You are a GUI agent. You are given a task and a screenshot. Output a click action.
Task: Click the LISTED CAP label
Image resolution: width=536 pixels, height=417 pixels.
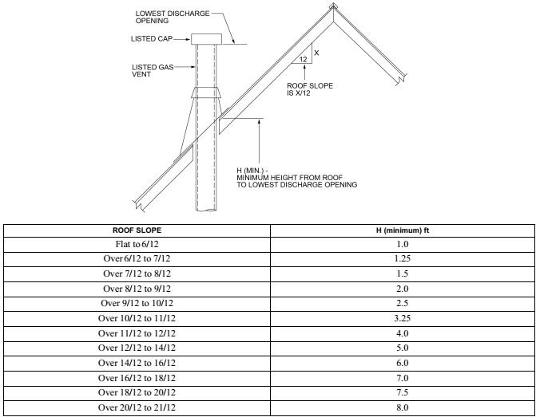pyautogui.click(x=152, y=39)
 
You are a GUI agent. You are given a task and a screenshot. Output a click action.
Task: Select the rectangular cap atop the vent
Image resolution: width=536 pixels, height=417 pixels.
pyautogui.click(x=206, y=39)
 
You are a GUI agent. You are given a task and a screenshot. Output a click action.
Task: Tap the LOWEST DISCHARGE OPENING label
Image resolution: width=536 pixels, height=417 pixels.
pyautogui.click(x=173, y=17)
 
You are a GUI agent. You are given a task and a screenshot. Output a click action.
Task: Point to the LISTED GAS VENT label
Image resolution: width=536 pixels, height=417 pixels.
pyautogui.click(x=153, y=71)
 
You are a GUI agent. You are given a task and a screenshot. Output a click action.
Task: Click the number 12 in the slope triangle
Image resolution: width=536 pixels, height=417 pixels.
pyautogui.click(x=304, y=59)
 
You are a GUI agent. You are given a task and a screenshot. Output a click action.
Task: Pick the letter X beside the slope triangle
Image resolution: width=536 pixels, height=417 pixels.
pyautogui.click(x=316, y=53)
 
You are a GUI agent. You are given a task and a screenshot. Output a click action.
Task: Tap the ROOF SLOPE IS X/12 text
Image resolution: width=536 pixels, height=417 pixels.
pyautogui.click(x=310, y=89)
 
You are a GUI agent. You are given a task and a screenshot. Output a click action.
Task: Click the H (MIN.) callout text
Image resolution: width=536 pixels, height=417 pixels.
pyautogui.click(x=296, y=178)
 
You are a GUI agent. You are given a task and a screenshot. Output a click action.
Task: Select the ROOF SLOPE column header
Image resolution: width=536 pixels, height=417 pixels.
pyautogui.click(x=137, y=230)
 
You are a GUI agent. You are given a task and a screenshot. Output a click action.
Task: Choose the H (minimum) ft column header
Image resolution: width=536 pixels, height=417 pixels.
pyautogui.click(x=403, y=230)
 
